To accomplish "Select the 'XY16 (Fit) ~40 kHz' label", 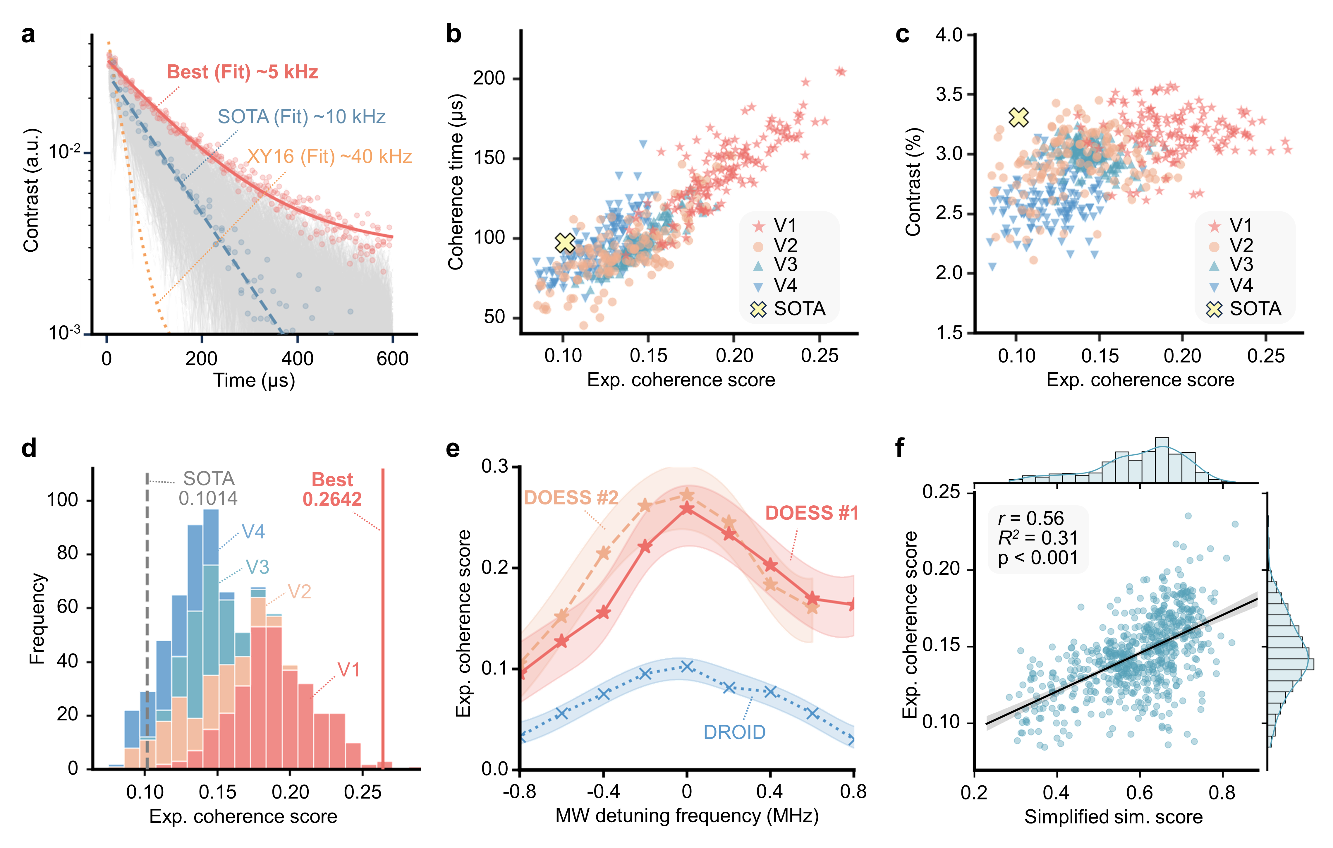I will [329, 157].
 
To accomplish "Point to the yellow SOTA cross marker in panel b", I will [565, 243].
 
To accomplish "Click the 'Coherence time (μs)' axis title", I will [456, 183].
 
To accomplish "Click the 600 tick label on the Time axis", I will [392, 359].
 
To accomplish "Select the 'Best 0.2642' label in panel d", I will [332, 489].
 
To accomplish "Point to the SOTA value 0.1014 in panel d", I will [208, 498].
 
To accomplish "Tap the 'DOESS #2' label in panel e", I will [571, 498].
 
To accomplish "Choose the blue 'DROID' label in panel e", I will [734, 732].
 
